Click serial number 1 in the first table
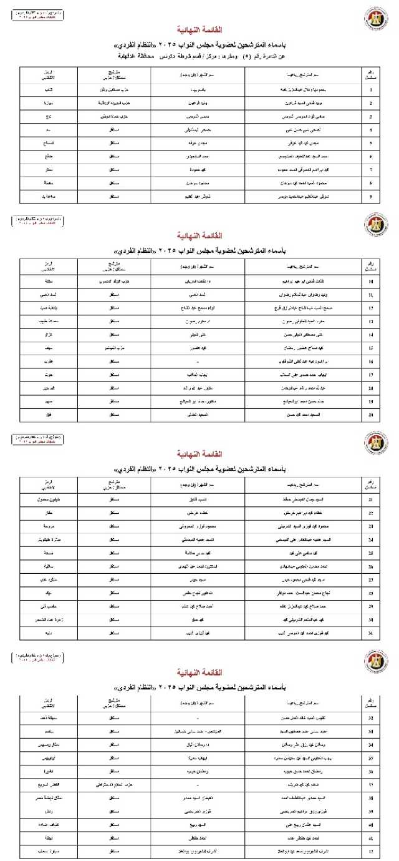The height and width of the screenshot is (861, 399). tap(372, 89)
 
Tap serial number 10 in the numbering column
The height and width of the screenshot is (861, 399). tap(372, 281)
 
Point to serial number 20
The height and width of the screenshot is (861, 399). tap(372, 413)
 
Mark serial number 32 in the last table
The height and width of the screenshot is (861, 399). tap(372, 718)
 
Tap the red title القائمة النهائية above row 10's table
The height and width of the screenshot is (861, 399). tap(199, 236)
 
